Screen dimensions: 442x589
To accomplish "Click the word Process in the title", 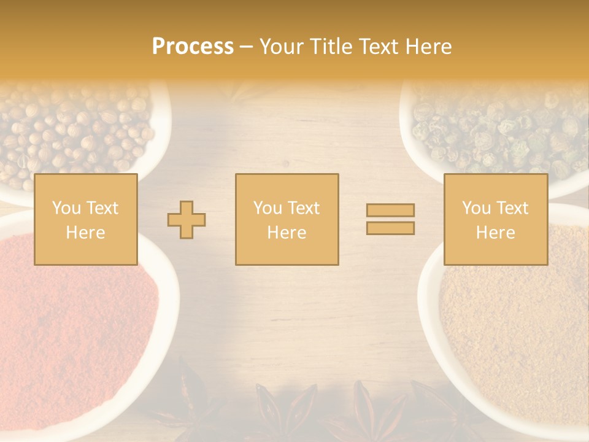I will point(193,47).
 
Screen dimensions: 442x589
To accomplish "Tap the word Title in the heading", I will point(331,47).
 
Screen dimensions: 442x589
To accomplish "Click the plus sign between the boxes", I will point(187,220).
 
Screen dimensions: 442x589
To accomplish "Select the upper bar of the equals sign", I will point(390,210).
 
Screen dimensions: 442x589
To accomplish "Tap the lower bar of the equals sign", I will point(390,228).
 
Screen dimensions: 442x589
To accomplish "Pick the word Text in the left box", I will point(101,208).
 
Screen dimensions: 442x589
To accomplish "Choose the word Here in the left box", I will point(85,233).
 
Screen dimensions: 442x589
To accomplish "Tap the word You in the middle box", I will point(268,208).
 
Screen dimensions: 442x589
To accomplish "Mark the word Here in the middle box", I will point(287,233).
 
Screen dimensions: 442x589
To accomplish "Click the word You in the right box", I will point(476,208).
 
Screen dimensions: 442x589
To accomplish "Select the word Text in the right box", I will point(512,208).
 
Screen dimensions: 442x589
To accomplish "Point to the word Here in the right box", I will point(495,233).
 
